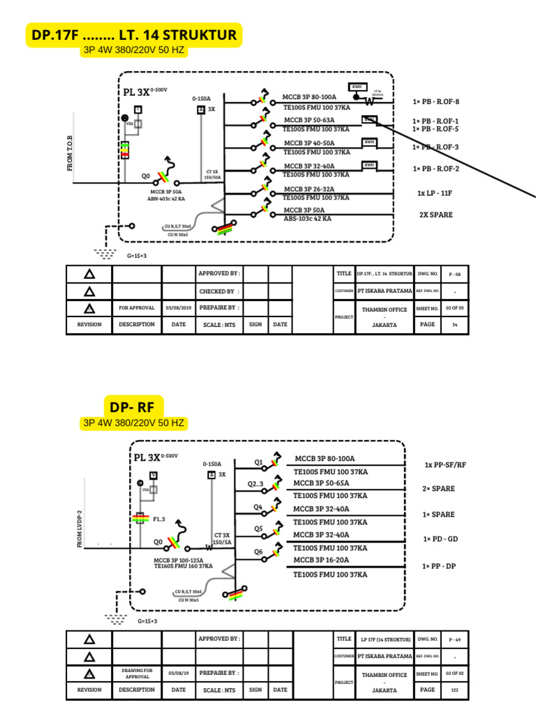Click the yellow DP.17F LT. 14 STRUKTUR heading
(x=134, y=34)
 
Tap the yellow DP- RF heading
(x=135, y=407)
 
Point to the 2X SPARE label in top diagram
(x=435, y=215)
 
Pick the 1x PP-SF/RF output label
(x=445, y=464)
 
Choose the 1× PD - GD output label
(x=439, y=539)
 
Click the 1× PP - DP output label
(x=439, y=566)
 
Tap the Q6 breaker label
(x=258, y=552)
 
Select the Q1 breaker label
(x=258, y=462)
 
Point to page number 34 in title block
(x=454, y=324)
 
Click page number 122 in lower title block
(x=454, y=690)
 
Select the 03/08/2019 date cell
(x=179, y=307)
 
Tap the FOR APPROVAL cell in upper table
(x=136, y=307)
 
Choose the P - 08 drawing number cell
(x=455, y=274)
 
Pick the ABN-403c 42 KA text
(x=166, y=199)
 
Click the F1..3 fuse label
(x=158, y=519)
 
